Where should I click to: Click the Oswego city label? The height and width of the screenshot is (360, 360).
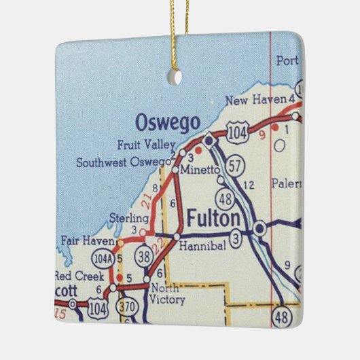[167, 123]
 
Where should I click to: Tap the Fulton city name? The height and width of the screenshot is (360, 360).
[213, 219]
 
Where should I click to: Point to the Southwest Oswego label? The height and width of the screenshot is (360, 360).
[124, 162]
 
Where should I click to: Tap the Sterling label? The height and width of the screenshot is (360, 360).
[128, 218]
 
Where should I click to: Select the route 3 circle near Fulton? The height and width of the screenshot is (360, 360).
[235, 237]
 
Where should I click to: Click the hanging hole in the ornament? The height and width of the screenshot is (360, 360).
[175, 77]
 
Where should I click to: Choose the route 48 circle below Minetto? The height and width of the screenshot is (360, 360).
[226, 198]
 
